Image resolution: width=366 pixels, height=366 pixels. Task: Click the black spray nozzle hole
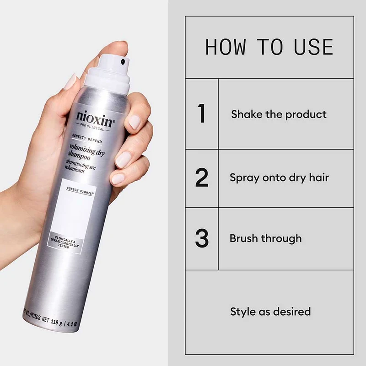click(123, 62)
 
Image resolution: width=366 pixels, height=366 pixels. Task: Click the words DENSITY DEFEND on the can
click(87, 139)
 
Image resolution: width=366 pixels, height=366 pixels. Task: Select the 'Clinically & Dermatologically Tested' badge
click(65, 243)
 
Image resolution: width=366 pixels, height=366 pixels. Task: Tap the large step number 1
click(201, 113)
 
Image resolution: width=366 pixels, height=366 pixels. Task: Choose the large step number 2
click(202, 178)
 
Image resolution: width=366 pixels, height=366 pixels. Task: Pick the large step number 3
click(202, 238)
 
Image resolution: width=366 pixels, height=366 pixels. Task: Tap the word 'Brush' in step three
click(244, 238)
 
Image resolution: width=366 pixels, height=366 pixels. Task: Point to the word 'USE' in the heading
click(313, 47)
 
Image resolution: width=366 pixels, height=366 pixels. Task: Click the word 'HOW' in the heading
click(226, 47)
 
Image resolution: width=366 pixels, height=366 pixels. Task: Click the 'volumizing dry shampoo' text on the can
click(86, 152)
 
